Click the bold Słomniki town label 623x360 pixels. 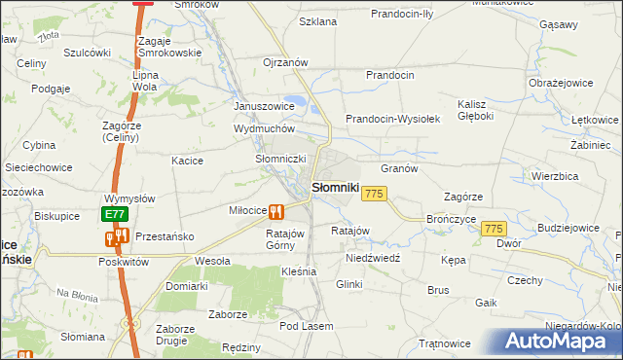pos(336,188)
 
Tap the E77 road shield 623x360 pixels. pos(115,214)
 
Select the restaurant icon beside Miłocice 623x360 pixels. pos(276,211)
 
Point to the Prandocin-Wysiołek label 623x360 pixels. pos(394,119)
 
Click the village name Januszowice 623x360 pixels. pos(264,106)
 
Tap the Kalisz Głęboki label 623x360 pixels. pos(475,110)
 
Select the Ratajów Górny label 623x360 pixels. pos(286,239)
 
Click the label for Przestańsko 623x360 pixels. pos(165,236)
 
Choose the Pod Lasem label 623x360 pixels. pos(307,326)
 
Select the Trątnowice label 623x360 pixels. pos(445,343)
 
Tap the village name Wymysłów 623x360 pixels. pos(129,198)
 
